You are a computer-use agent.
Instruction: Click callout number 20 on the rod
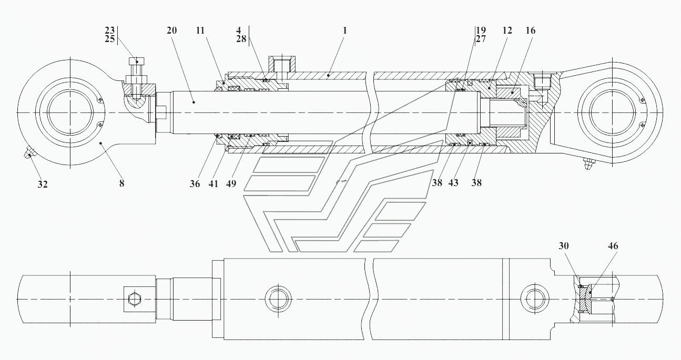pyautogui.click(x=172, y=30)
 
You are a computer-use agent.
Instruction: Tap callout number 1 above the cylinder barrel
pyautogui.click(x=344, y=30)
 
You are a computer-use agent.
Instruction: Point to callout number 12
pyautogui.click(x=507, y=31)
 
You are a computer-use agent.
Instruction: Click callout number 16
pyautogui.click(x=530, y=31)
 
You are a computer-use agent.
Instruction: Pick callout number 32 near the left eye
pyautogui.click(x=42, y=184)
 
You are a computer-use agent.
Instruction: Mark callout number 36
pyautogui.click(x=195, y=183)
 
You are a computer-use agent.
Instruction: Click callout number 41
pyautogui.click(x=214, y=183)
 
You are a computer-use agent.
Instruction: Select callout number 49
pyautogui.click(x=232, y=183)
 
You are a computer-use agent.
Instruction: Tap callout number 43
pyautogui.click(x=454, y=183)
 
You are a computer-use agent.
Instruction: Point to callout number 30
pyautogui.click(x=564, y=246)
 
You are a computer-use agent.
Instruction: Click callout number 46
pyautogui.click(x=613, y=246)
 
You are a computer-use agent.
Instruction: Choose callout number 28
pyautogui.click(x=241, y=39)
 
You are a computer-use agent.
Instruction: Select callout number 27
pyautogui.click(x=480, y=39)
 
